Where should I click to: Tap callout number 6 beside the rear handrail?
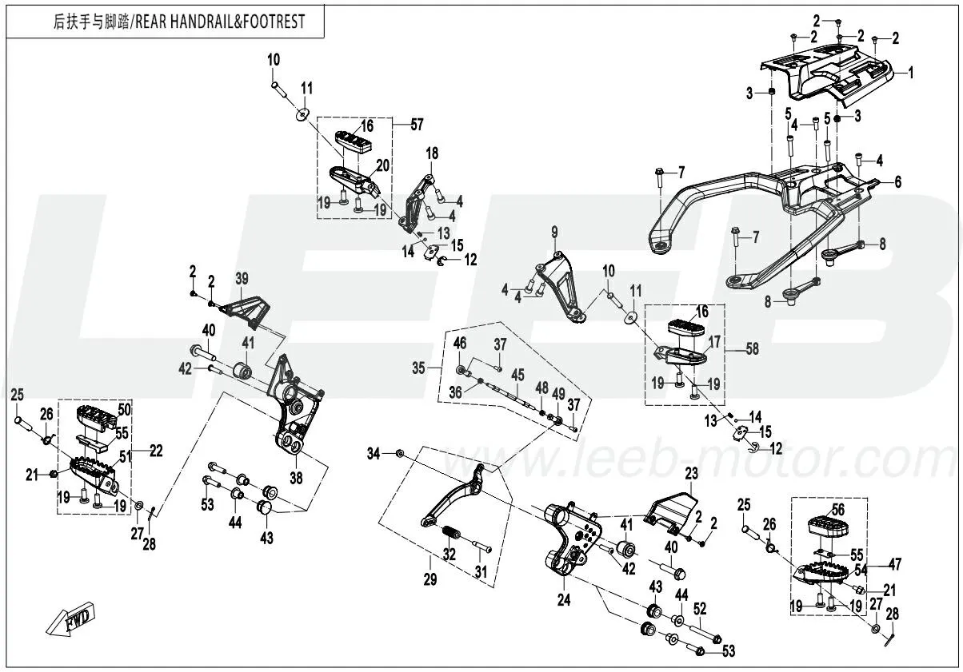click(x=897, y=182)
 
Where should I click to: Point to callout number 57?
click(x=417, y=125)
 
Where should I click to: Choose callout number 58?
click(x=752, y=349)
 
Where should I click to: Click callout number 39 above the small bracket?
click(x=242, y=278)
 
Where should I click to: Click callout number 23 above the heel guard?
click(x=691, y=472)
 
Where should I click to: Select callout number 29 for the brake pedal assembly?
click(x=430, y=580)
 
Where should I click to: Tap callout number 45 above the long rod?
click(x=517, y=375)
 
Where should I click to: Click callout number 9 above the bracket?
click(x=553, y=232)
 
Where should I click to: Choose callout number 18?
click(x=432, y=153)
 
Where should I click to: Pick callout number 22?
click(x=155, y=451)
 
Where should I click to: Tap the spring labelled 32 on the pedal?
click(x=453, y=532)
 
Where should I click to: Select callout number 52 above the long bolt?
click(x=700, y=608)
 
